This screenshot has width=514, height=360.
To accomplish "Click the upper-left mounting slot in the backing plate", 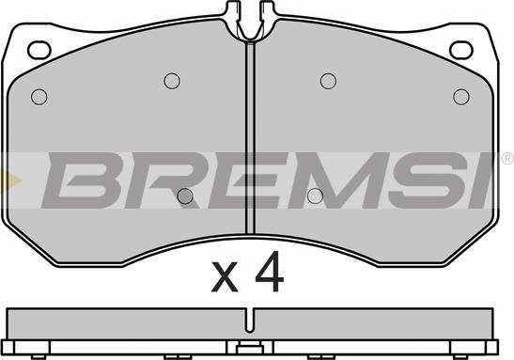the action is tap(39, 50).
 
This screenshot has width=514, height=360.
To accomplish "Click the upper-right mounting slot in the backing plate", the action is tap(460, 50).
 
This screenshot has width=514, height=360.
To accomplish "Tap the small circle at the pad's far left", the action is tap(39, 97).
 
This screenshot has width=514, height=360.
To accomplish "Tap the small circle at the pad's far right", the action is tap(461, 97).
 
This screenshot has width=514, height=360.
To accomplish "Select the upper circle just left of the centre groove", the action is tap(172, 81).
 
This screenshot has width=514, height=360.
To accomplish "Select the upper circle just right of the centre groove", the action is tap(328, 81).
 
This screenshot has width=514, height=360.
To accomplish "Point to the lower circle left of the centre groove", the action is tap(185, 196).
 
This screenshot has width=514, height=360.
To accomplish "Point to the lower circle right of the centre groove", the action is tap(316, 196).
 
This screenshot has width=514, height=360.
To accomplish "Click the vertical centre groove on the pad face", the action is tap(251, 138).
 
